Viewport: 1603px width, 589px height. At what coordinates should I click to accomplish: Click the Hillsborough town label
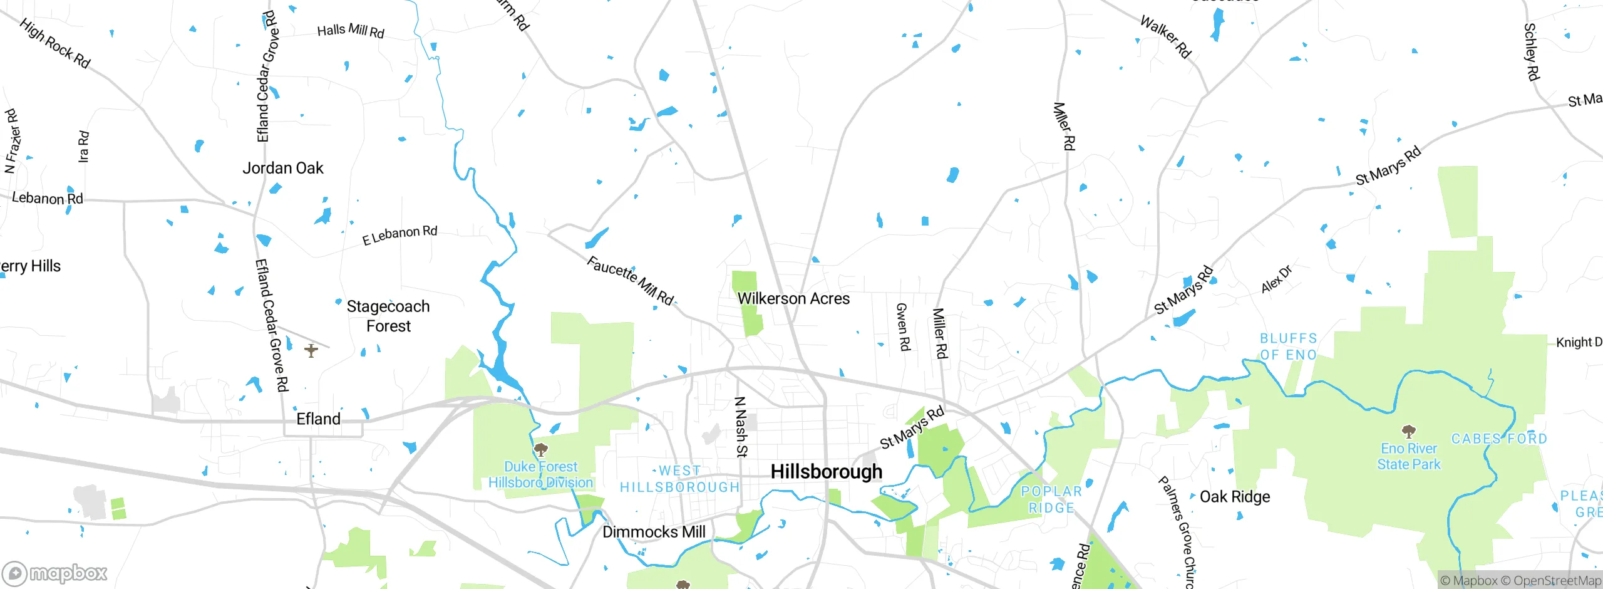coord(826,471)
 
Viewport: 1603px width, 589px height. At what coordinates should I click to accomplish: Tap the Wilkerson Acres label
coord(793,299)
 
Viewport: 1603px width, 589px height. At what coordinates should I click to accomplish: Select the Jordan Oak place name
coord(283,168)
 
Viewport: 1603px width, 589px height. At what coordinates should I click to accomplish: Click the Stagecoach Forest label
coord(388,316)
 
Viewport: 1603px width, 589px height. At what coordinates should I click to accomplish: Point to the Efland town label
coord(318,419)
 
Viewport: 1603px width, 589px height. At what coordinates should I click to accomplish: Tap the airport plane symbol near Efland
coord(311,351)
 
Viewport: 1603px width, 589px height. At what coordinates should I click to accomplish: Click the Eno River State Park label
coord(1408,456)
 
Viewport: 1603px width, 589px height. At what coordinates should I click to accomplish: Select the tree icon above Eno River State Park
coord(1408,431)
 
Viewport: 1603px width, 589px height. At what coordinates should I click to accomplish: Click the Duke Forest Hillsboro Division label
coord(540,474)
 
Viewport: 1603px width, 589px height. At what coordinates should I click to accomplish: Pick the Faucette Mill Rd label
coord(630,281)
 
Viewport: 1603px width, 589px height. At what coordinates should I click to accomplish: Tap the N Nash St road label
coord(741,426)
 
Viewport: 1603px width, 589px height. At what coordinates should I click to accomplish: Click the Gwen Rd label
coord(903,326)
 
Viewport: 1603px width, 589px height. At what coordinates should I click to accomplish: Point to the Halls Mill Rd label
coord(351,31)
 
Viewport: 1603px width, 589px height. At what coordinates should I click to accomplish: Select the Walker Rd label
coord(1165,37)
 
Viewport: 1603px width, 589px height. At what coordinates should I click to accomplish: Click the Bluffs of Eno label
coord(1289,347)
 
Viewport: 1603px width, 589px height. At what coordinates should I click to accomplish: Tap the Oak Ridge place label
coord(1235,497)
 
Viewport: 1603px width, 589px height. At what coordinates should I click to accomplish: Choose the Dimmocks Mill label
coord(654,532)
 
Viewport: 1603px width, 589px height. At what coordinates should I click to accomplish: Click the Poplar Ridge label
coord(1051,499)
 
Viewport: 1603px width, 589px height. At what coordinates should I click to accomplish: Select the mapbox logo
coord(55,573)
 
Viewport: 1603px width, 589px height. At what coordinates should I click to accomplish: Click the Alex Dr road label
coord(1276,279)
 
